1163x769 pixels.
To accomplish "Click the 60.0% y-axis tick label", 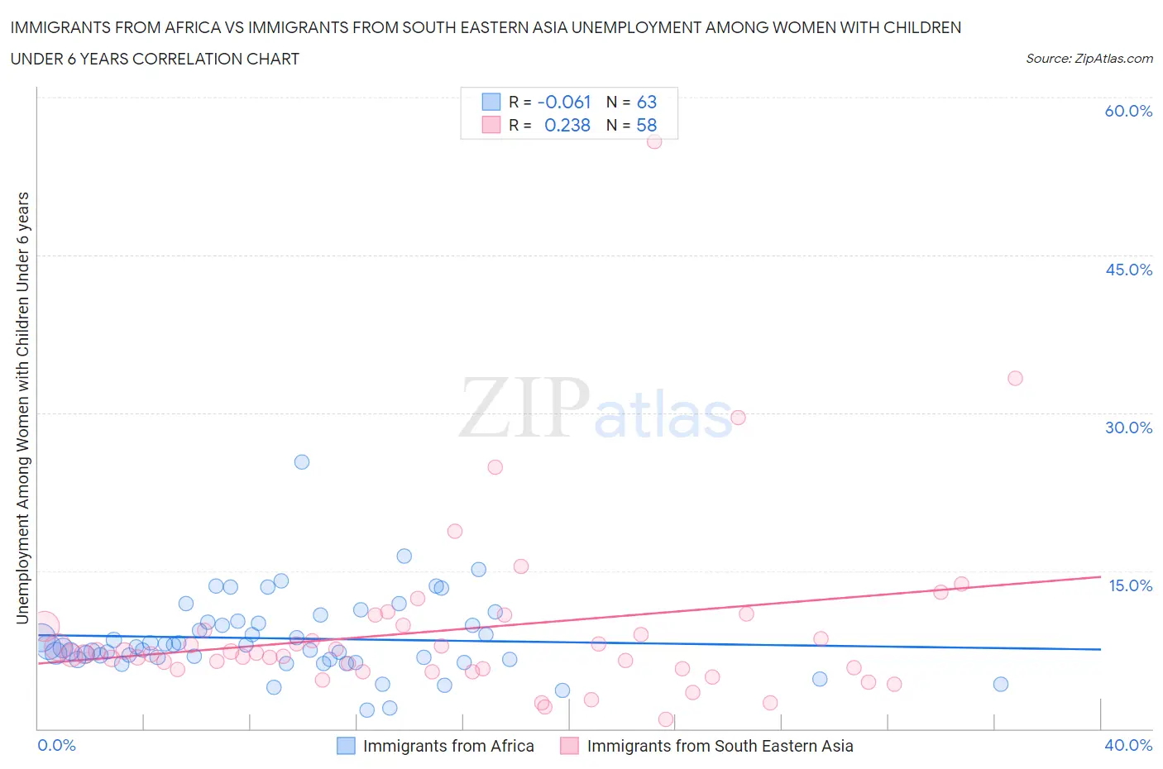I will click(1128, 111).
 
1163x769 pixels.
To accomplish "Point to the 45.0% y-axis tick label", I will click(1128, 270).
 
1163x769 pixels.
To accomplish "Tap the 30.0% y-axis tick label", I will click(1128, 427).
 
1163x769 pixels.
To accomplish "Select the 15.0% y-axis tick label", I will click(1130, 585).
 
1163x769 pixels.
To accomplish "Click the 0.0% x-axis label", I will click(56, 745).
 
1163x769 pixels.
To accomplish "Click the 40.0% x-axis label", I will click(1128, 745).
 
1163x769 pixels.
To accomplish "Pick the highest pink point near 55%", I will click(654, 141).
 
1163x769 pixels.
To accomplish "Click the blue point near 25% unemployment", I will click(302, 462).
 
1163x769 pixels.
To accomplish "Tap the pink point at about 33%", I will click(1015, 378).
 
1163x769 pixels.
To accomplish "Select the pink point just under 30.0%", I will click(738, 418).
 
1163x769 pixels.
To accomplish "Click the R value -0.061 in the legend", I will click(564, 102).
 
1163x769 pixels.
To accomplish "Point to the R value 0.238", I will click(567, 125).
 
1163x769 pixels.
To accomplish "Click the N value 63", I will click(646, 102).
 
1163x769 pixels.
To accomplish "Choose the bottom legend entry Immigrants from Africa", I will click(447, 746).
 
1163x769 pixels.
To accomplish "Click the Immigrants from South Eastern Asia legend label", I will click(719, 746).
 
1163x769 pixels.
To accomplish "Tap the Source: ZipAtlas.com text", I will click(1089, 58).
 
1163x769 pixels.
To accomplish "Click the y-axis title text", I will click(23, 408).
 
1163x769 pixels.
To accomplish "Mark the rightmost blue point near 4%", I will click(1001, 684).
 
